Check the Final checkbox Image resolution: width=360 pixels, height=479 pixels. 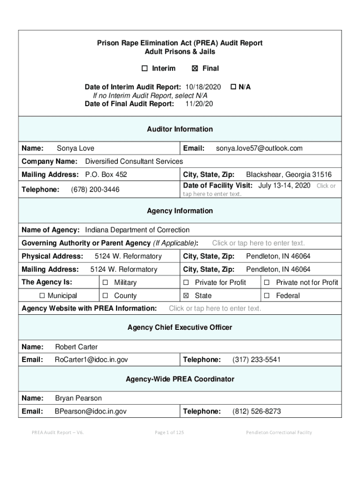(195, 69)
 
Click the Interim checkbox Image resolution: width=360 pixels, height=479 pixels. (144, 69)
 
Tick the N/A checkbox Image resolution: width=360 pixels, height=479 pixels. (233, 87)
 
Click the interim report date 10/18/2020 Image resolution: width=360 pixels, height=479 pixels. (203, 87)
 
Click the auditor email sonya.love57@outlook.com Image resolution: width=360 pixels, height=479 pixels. (259, 148)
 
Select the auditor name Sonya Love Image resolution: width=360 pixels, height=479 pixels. (75, 148)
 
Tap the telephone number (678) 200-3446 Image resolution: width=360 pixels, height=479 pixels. (95, 189)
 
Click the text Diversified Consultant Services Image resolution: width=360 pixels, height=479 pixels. (134, 161)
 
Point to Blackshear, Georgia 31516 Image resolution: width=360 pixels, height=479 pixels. (288, 174)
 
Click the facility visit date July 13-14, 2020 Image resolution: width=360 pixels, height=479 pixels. (284, 185)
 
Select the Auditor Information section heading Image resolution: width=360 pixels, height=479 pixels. (180, 129)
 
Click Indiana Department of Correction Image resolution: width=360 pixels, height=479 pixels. (137, 230)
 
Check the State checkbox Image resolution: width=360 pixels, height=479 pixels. (186, 296)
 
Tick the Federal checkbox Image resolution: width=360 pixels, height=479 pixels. (267, 296)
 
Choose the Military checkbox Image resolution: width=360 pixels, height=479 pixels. (105, 283)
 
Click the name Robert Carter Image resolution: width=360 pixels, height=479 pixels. (76, 347)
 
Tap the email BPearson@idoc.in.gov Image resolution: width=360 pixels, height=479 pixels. (91, 411)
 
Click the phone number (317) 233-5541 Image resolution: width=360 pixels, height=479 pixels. (257, 360)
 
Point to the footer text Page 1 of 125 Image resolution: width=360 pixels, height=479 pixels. (169, 432)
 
